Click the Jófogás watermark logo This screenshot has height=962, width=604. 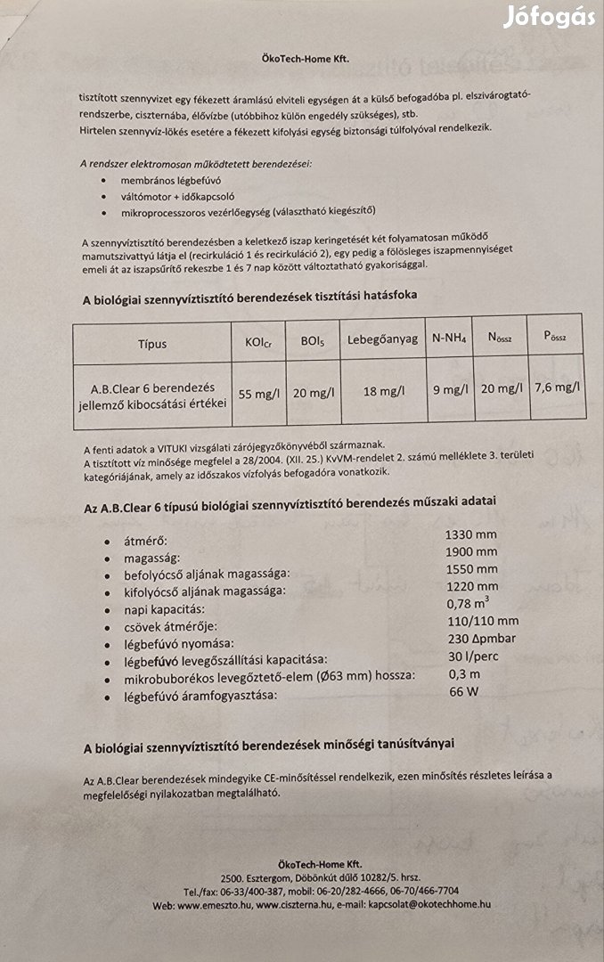click(548, 17)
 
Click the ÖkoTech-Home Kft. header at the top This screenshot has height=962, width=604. click(301, 59)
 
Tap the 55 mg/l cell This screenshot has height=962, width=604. click(257, 391)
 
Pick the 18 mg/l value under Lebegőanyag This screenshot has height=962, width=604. click(384, 391)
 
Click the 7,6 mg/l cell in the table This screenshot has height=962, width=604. click(558, 387)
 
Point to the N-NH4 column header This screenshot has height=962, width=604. click(450, 339)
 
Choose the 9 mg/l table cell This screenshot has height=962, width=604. click(450, 389)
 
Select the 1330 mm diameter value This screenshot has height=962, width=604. click(470, 534)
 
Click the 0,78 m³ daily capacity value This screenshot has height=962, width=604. click(466, 603)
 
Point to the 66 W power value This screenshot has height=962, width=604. click(462, 691)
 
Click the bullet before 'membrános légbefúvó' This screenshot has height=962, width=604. click(106, 180)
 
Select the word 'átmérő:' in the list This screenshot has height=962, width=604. click(146, 541)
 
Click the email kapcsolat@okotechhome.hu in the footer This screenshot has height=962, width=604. click(432, 905)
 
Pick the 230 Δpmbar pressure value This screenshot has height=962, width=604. click(478, 639)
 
